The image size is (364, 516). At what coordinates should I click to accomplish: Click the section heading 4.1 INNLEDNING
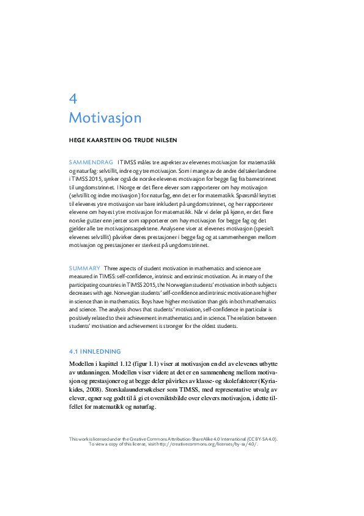click(x=95, y=352)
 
